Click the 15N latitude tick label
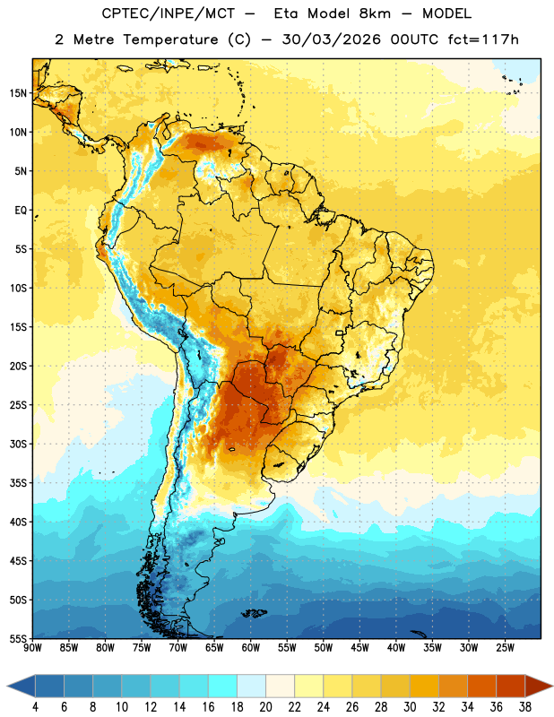[x=18, y=93]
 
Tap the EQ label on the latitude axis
[x=21, y=211]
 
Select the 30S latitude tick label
[x=18, y=444]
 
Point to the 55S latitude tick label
[x=18, y=639]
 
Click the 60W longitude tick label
[x=251, y=648]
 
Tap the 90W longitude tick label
[x=32, y=648]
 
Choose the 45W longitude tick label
[x=359, y=648]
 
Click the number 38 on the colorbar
[x=525, y=707]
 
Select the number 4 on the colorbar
[x=35, y=707]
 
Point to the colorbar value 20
[x=265, y=707]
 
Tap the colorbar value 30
[x=410, y=707]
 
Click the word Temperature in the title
[x=170, y=39]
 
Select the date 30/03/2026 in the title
[x=331, y=39]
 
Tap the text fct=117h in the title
[x=483, y=39]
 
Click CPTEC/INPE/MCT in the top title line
[x=168, y=13]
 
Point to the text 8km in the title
[x=375, y=13]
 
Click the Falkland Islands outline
[x=254, y=613]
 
